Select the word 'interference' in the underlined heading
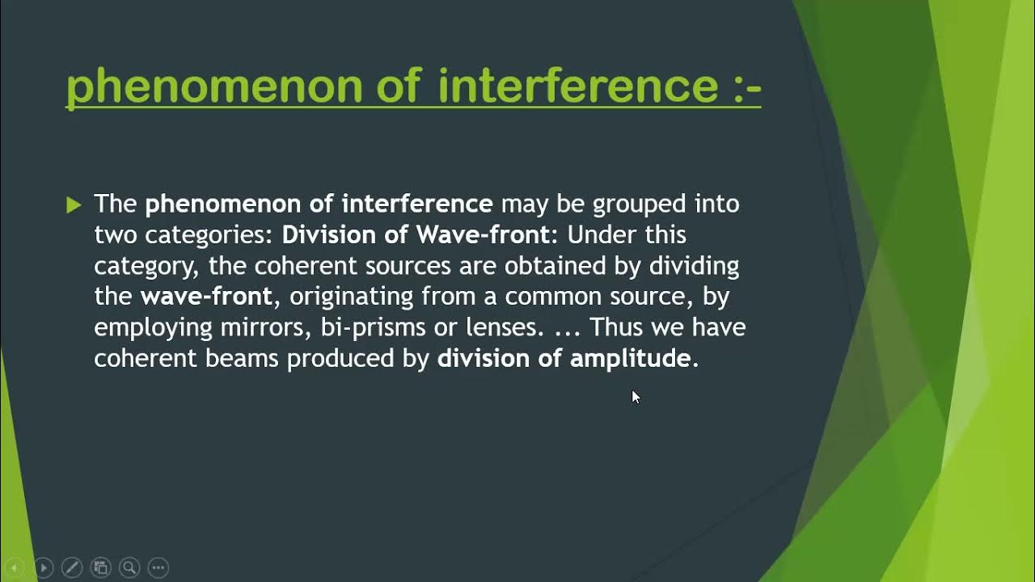tap(577, 85)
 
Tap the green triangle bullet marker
tap(74, 205)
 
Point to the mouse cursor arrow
tap(635, 396)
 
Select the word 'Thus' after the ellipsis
tap(619, 327)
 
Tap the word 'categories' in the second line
tap(209, 234)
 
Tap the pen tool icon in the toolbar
tap(71, 567)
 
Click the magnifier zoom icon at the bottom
tap(129, 567)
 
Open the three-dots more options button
tap(158, 567)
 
